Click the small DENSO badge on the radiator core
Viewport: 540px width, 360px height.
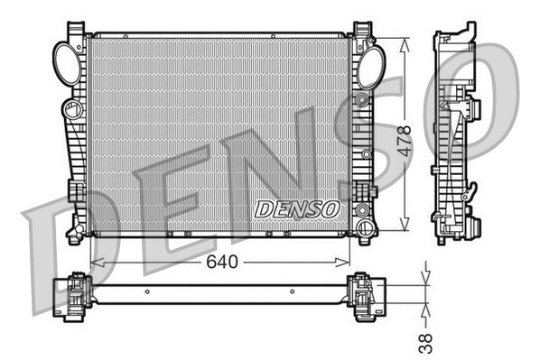pos(296,208)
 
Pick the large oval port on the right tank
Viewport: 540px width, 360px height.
pos(369,66)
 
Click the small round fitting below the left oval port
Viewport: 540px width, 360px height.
pos(70,110)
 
